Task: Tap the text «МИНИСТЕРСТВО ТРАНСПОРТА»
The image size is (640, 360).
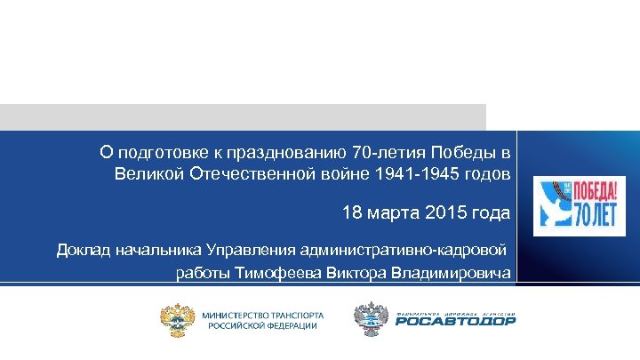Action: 263,315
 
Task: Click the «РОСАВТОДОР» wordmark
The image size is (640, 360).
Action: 456,324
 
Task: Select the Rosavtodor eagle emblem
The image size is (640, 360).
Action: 371,319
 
